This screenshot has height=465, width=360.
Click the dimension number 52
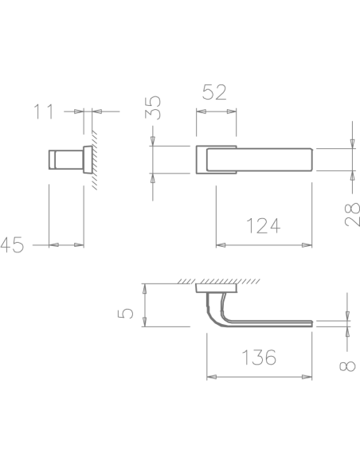(214, 92)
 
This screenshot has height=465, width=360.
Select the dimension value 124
(263, 226)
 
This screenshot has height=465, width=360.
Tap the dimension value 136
(259, 357)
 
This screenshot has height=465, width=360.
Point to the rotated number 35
(153, 107)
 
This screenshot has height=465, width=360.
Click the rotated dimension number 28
(352, 215)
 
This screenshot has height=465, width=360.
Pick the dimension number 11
(44, 111)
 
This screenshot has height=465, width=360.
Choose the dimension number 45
(12, 245)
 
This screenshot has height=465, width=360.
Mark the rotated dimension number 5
(125, 314)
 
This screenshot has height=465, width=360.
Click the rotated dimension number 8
(347, 366)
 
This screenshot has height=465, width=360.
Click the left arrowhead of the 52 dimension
(201, 111)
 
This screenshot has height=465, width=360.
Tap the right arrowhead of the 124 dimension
(307, 245)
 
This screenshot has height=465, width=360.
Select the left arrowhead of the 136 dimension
(211, 377)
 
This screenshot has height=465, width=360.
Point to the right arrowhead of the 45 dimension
(79, 245)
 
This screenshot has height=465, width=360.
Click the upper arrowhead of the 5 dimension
(145, 288)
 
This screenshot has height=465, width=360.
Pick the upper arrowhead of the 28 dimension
(352, 143)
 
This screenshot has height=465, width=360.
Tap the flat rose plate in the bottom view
(216, 288)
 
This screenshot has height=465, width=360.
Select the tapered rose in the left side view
(88, 159)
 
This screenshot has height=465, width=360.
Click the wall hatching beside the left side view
(94, 160)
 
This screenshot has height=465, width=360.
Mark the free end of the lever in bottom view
(312, 323)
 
